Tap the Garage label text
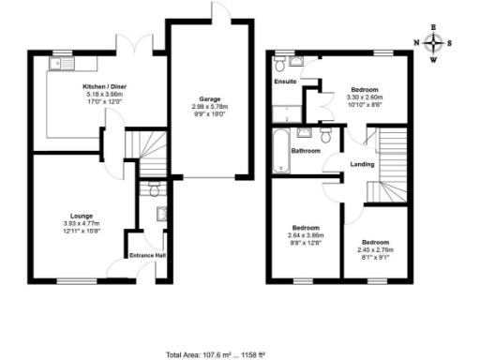tap(209, 98)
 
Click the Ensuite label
tap(285, 82)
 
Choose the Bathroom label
tap(306, 151)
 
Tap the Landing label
tap(362, 164)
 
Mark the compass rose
tap(433, 42)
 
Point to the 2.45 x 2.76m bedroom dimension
tap(375, 248)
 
